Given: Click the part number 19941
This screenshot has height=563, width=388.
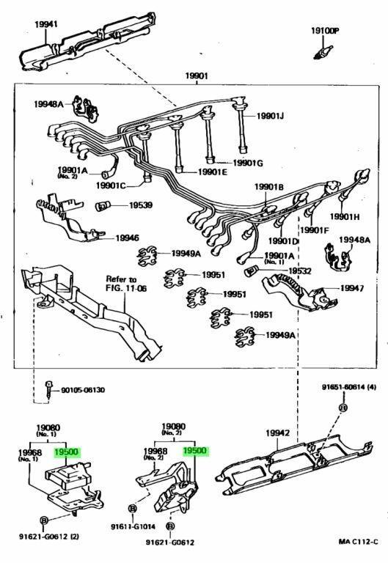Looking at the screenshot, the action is pos(46,24).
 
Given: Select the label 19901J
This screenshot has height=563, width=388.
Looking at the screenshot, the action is pos(270,116).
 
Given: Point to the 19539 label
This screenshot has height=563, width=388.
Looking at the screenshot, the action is pos(141,205).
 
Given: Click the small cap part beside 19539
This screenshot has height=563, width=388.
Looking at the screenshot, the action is pos(103,206).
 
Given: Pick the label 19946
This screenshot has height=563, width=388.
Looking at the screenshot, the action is pos(127,238).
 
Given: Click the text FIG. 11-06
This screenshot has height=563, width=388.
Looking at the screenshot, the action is pos(126,288).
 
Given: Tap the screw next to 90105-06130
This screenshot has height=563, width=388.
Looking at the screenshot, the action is pos(48,389).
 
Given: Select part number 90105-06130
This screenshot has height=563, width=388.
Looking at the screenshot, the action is pos(83,390).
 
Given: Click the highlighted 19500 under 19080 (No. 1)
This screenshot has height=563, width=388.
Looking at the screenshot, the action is pos(66,452).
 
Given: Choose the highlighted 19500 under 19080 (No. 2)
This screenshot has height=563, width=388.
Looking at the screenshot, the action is pos(194,451).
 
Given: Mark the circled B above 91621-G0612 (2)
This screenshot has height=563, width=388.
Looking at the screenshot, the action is pos(43,520).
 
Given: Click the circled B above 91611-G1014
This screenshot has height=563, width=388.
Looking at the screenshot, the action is pos(133,509).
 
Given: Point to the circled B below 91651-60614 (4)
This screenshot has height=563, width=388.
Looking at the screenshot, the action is pos(343,408).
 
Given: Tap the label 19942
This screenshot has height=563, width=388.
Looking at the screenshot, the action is pos(277,433).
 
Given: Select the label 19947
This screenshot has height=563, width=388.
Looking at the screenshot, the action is pos(352,288).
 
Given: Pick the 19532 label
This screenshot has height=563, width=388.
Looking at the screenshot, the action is pos(300,271).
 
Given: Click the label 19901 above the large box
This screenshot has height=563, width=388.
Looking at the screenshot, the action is pos(197,76).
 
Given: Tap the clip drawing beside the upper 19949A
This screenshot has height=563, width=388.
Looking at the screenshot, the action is pos(147,256).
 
